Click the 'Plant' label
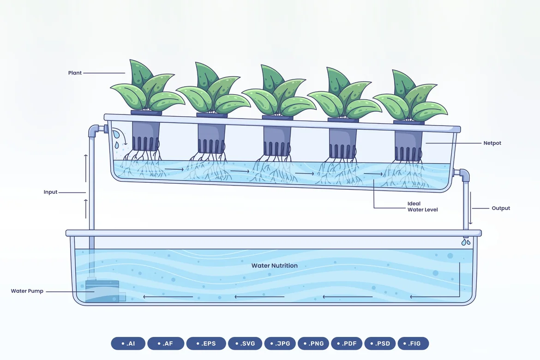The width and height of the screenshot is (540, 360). (x=75, y=73)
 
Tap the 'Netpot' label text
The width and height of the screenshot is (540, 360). (x=492, y=143)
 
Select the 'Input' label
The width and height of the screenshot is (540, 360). (x=50, y=192)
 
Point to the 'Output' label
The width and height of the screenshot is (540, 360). (x=501, y=208)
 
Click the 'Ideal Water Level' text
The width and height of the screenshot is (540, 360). (x=423, y=207)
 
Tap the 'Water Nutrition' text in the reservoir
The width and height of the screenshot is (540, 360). (x=275, y=265)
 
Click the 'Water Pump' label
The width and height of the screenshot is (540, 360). (x=27, y=291)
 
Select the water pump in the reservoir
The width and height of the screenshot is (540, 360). (x=102, y=291)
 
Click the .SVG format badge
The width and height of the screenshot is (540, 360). (x=245, y=343)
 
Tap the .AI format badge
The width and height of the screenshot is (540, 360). (x=128, y=343)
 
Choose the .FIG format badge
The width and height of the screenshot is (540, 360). (x=413, y=343)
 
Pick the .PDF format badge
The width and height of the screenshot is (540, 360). (x=347, y=343)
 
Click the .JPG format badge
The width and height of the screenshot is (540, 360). (x=280, y=343)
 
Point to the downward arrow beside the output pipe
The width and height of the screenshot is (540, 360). (x=470, y=208)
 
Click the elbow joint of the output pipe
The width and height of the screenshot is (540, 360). (x=462, y=174)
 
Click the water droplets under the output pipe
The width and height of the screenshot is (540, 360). (x=466, y=242)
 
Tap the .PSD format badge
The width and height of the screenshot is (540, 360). (x=380, y=343)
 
